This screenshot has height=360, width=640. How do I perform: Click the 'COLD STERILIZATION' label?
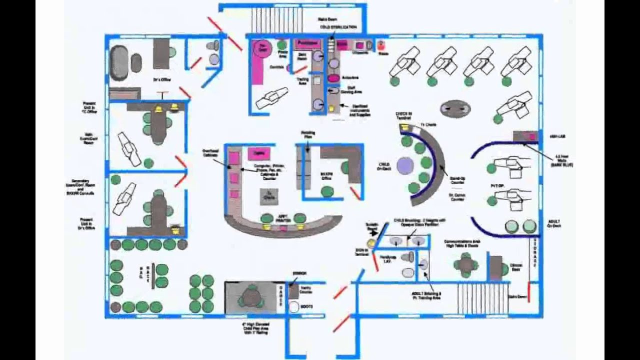click(x=338, y=27)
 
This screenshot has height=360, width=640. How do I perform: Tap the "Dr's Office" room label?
click(x=159, y=79)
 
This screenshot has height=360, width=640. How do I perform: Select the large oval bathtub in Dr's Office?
click(x=119, y=62)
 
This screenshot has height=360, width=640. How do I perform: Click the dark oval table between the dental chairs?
click(x=455, y=108)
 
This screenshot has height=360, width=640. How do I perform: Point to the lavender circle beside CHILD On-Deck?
click(x=405, y=165)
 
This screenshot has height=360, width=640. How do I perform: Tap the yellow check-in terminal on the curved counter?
click(x=404, y=128)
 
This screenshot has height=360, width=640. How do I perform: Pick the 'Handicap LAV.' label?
click(x=387, y=259)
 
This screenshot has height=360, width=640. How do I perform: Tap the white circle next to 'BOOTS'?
click(x=293, y=306)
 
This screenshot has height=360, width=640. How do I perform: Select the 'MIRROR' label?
click(x=299, y=273)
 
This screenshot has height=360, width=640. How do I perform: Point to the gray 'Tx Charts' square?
click(x=269, y=196)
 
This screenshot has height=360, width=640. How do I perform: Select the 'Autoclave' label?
click(x=349, y=78)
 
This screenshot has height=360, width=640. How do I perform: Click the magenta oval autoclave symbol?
click(x=333, y=78)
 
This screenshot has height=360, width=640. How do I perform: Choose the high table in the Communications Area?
click(x=465, y=264)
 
